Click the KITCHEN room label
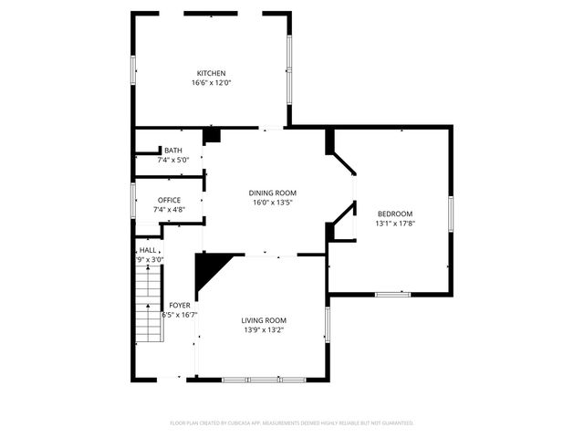(x=211, y=73)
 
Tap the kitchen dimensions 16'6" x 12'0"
(x=211, y=83)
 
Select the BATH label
(x=172, y=151)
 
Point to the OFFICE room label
(x=169, y=200)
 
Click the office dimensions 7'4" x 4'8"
(x=169, y=210)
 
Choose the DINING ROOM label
(x=274, y=193)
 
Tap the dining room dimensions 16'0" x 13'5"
(x=274, y=203)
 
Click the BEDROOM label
(x=395, y=214)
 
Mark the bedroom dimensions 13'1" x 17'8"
(x=395, y=224)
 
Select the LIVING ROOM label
(x=264, y=320)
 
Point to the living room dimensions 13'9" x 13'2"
(x=264, y=330)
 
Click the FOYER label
(x=179, y=305)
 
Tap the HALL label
(x=148, y=250)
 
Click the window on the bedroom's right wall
(x=450, y=212)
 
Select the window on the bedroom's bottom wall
(x=393, y=293)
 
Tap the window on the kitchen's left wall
(x=133, y=72)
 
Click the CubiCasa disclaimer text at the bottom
(x=292, y=423)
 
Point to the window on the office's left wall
(x=133, y=199)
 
